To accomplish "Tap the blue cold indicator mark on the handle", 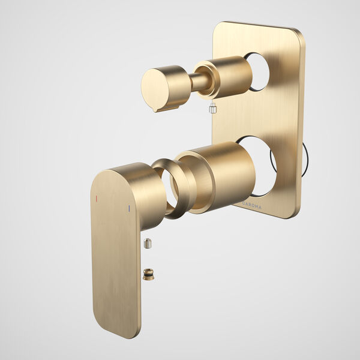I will click(x=129, y=209).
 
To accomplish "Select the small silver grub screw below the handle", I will click(x=148, y=243).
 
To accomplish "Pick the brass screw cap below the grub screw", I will click(x=148, y=274).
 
